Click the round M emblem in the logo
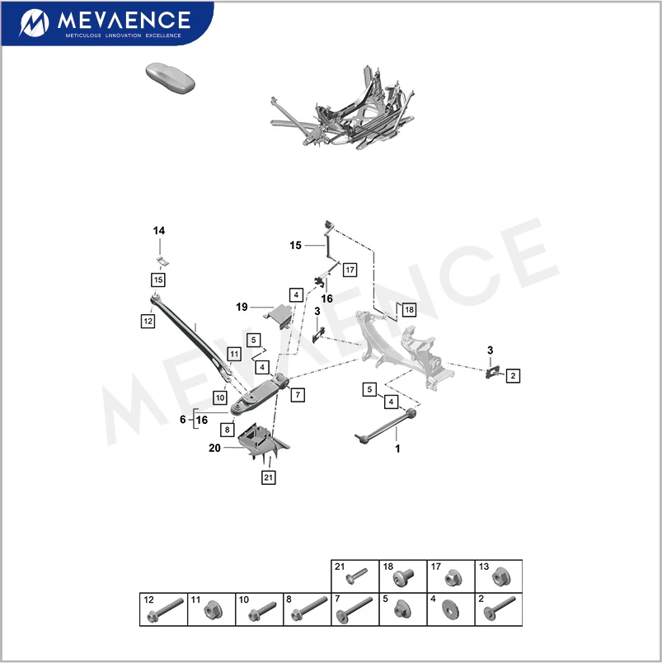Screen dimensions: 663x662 coord(35,22)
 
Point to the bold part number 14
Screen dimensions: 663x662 coord(158,231)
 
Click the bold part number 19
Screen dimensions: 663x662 coord(242,307)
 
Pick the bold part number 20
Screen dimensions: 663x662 coord(215,448)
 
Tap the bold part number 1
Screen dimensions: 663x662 coord(397,449)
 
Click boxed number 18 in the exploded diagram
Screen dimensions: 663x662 coord(409,309)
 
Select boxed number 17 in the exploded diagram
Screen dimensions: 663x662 coord(349,270)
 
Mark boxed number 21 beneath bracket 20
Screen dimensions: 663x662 coord(269,477)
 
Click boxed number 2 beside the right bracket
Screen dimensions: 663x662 coord(513,375)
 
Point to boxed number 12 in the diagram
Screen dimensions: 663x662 coord(148,322)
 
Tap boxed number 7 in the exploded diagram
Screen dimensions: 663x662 coord(295,394)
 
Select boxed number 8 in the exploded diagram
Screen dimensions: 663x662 coord(226,430)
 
